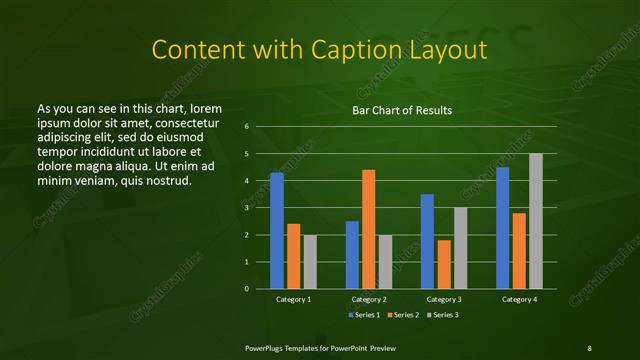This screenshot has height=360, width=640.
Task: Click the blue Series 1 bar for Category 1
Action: tap(277, 231)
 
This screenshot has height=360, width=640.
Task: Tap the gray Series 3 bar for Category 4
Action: tap(536, 221)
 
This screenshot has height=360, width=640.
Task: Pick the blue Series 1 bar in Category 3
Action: tap(427, 241)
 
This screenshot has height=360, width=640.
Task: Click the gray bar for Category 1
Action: tap(310, 261)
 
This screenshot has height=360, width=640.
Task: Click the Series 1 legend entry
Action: tap(362, 315)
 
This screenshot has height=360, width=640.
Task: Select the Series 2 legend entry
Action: tap(401, 315)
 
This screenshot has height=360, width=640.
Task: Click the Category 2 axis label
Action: tap(369, 299)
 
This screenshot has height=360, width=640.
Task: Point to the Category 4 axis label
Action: tap(519, 299)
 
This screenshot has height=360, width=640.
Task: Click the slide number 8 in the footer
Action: tap(590, 347)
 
